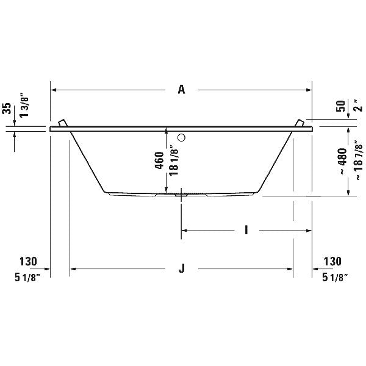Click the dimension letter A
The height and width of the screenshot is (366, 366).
point(181,90)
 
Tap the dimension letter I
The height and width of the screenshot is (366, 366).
point(246,230)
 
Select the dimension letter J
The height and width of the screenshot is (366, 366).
point(182,268)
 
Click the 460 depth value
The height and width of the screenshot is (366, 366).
point(160,160)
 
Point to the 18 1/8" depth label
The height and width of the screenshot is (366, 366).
point(174,160)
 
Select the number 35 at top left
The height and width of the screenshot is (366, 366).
point(7,109)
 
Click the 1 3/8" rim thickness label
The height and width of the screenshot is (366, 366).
point(24,106)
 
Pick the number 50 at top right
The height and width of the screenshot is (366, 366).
point(341,106)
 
